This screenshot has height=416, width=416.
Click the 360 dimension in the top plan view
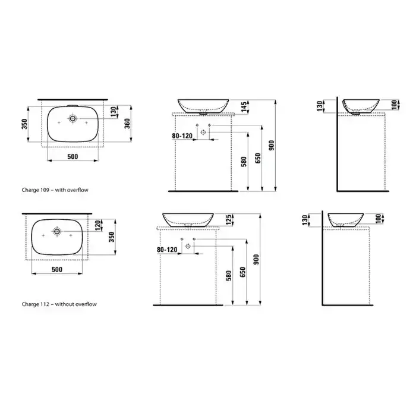[128, 124]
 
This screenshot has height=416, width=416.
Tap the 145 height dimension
[244, 106]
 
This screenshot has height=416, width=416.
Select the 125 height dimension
[229, 220]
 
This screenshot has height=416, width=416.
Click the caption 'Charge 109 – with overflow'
[55, 190]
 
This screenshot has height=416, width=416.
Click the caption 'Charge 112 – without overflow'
[59, 304]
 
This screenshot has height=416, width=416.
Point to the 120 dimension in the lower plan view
[98, 225]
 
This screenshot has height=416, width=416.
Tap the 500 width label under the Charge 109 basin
[73, 156]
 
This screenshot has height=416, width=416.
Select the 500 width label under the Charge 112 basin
[57, 270]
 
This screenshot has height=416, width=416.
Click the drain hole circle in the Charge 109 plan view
[73, 118]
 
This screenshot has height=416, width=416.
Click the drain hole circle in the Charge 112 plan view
[57, 231]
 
